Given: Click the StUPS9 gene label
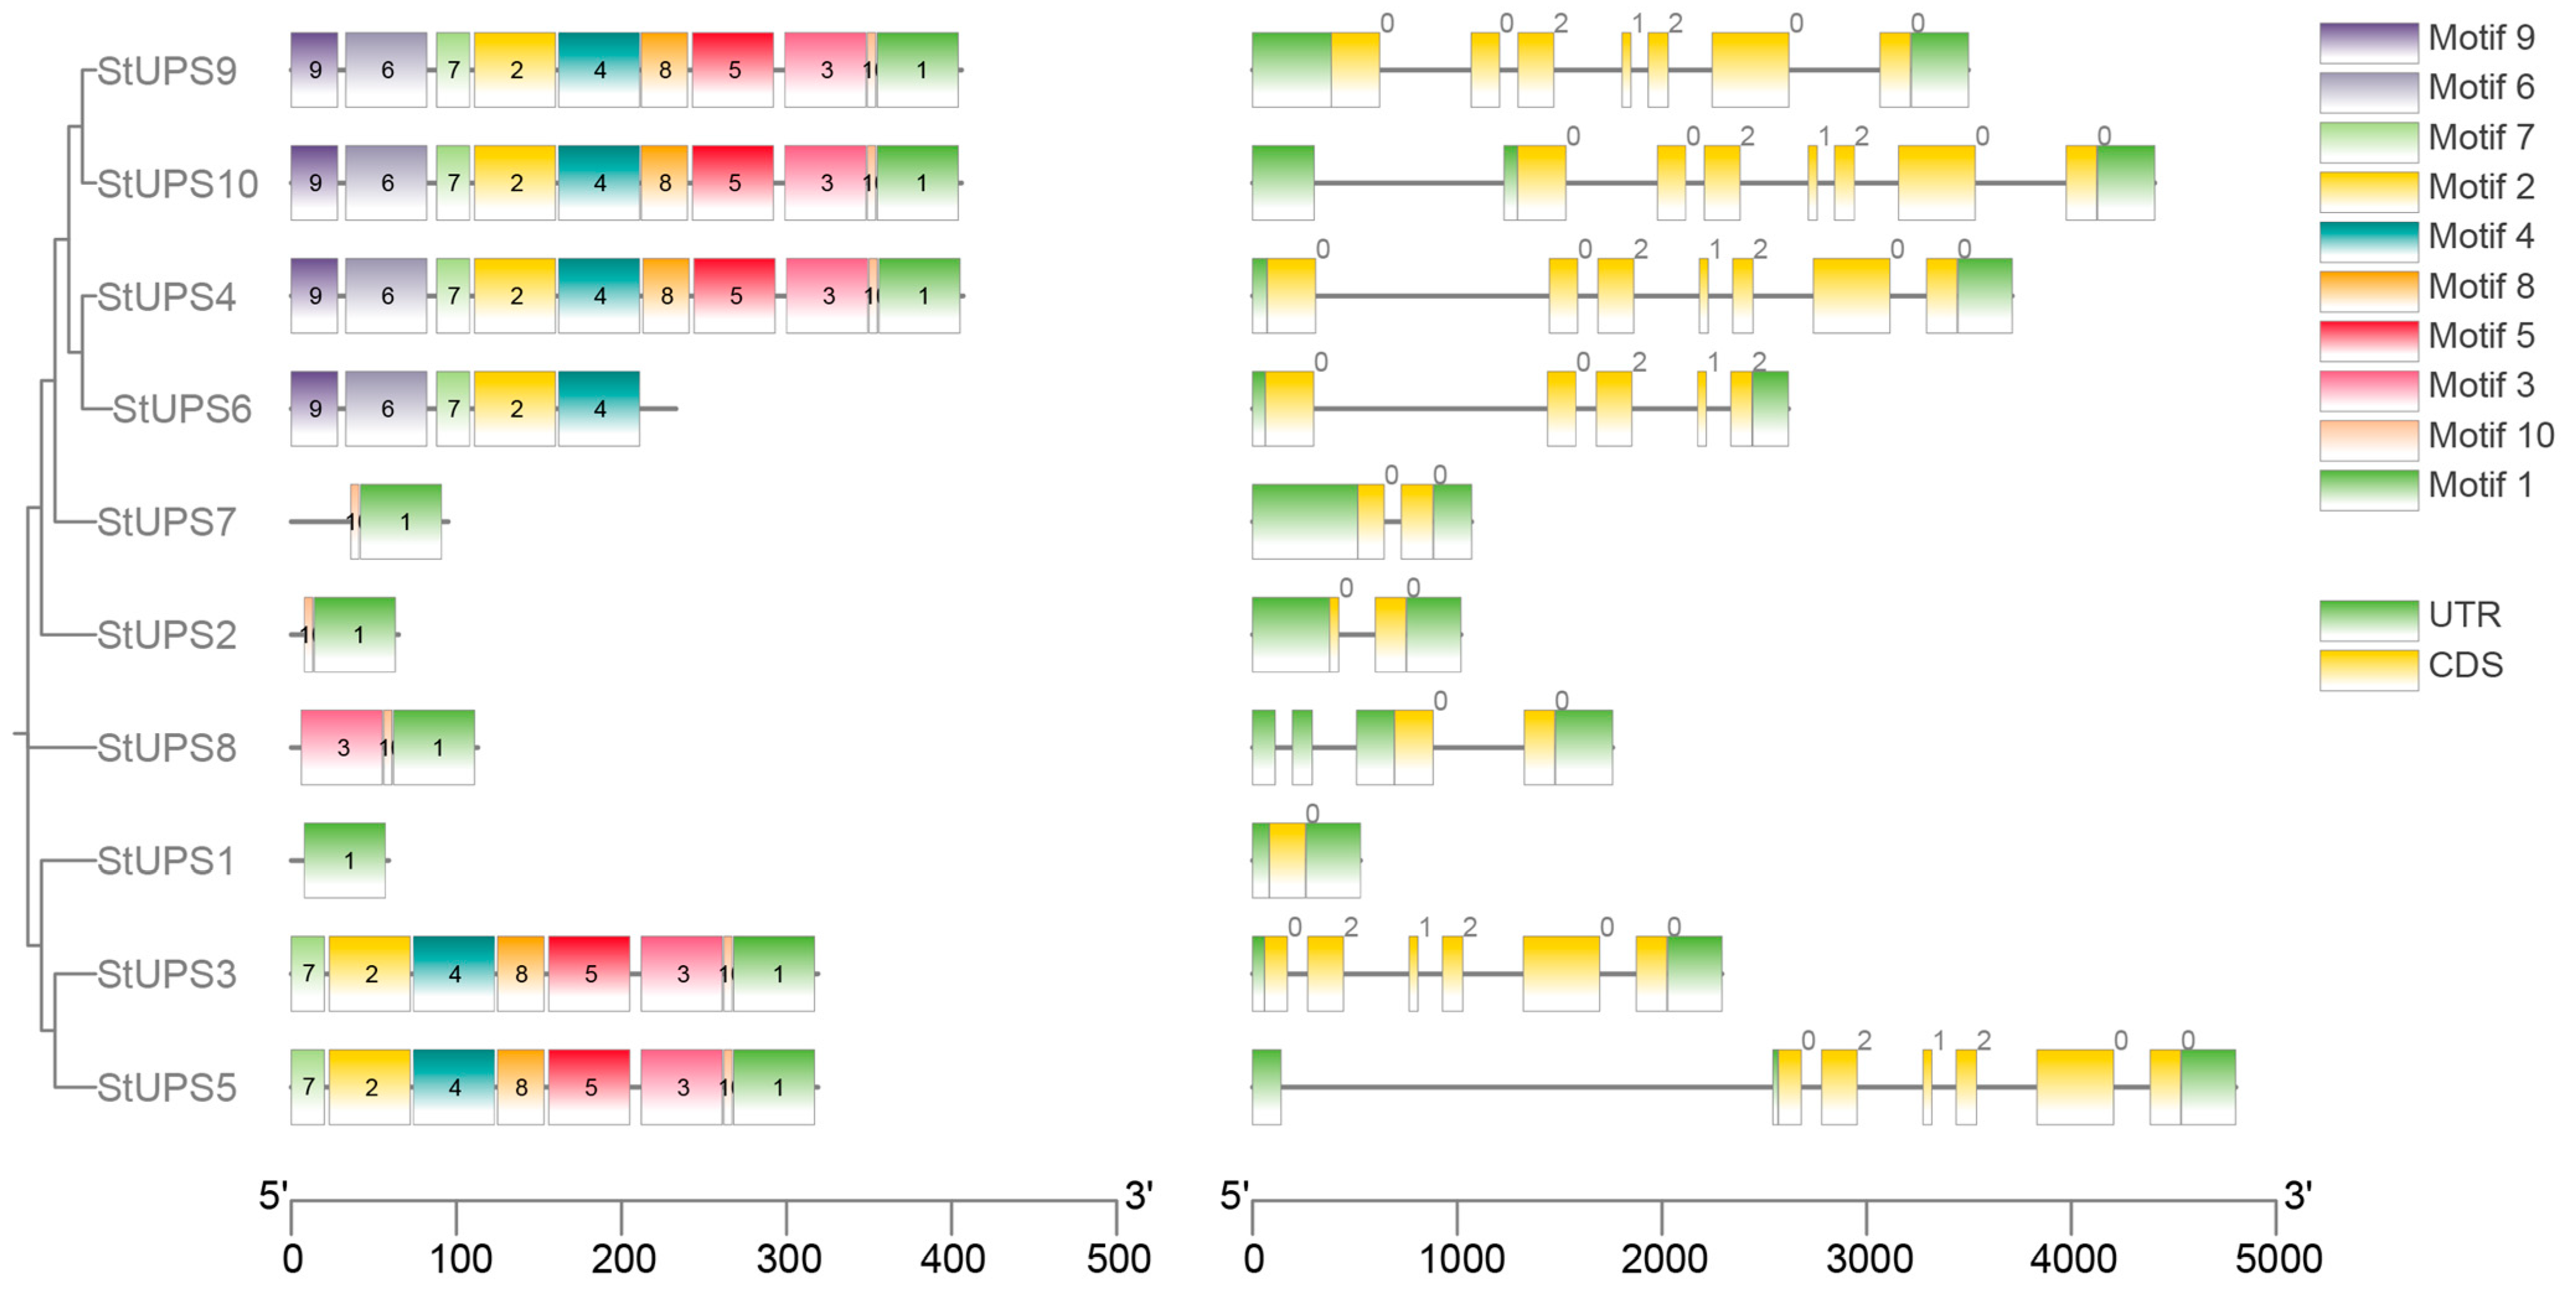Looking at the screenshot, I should (x=167, y=71).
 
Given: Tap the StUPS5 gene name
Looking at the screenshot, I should (x=167, y=1087).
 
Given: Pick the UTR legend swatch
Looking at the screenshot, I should (x=2368, y=619).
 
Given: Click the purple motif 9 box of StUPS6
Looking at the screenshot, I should (x=314, y=409).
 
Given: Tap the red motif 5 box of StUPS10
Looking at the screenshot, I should (x=733, y=183).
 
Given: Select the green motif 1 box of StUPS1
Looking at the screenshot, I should (x=345, y=860).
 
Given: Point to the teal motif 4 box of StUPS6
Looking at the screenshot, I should (x=599, y=409).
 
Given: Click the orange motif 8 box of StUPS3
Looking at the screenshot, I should (x=520, y=974).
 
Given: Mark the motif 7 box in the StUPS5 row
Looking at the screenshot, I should (x=308, y=1087).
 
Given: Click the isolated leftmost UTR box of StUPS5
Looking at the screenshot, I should (x=1266, y=1087).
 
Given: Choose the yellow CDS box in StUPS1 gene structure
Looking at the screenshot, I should (x=1287, y=860).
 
